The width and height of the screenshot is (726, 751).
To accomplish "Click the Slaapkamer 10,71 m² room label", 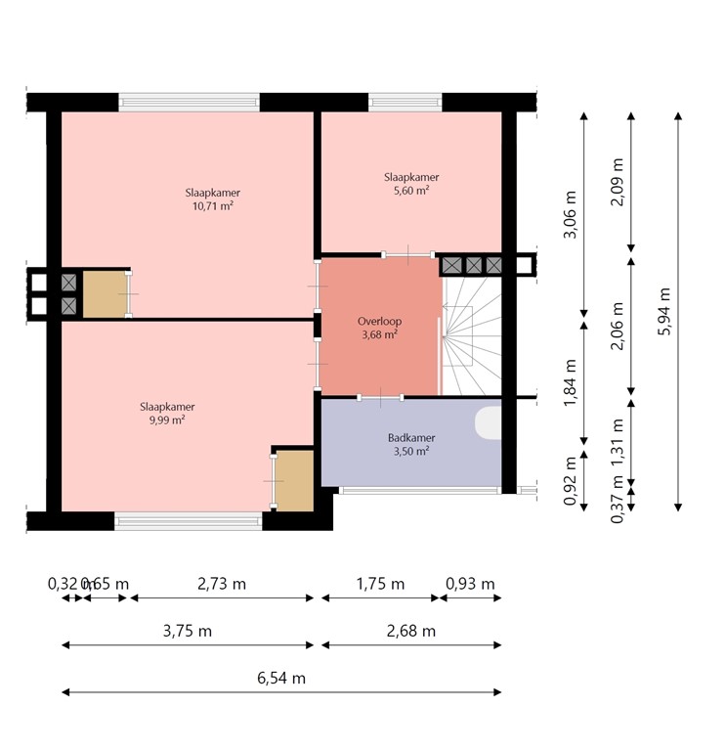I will (x=212, y=199).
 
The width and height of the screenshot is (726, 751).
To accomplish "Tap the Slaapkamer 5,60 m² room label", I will (x=410, y=184).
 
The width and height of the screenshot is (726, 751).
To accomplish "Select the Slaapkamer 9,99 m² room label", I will (x=167, y=413).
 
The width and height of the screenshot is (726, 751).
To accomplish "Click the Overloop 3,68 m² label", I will (x=379, y=328).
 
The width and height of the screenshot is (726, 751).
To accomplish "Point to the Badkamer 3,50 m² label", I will (x=410, y=445).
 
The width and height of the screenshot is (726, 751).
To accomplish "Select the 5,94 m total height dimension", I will (x=664, y=312).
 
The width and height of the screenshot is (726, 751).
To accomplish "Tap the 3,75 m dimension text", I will (x=187, y=631).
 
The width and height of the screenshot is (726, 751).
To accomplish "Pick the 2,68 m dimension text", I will (x=410, y=631).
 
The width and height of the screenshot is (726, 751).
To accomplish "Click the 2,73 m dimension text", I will (x=221, y=584).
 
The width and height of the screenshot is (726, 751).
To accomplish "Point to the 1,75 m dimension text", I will (x=379, y=584).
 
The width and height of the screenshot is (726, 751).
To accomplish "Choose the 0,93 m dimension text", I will (x=470, y=584).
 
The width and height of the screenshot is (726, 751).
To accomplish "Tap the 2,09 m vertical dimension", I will (x=618, y=183).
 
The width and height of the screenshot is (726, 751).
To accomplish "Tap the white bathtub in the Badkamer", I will (x=489, y=421).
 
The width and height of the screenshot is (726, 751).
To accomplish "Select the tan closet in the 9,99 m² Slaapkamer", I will (x=293, y=480).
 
